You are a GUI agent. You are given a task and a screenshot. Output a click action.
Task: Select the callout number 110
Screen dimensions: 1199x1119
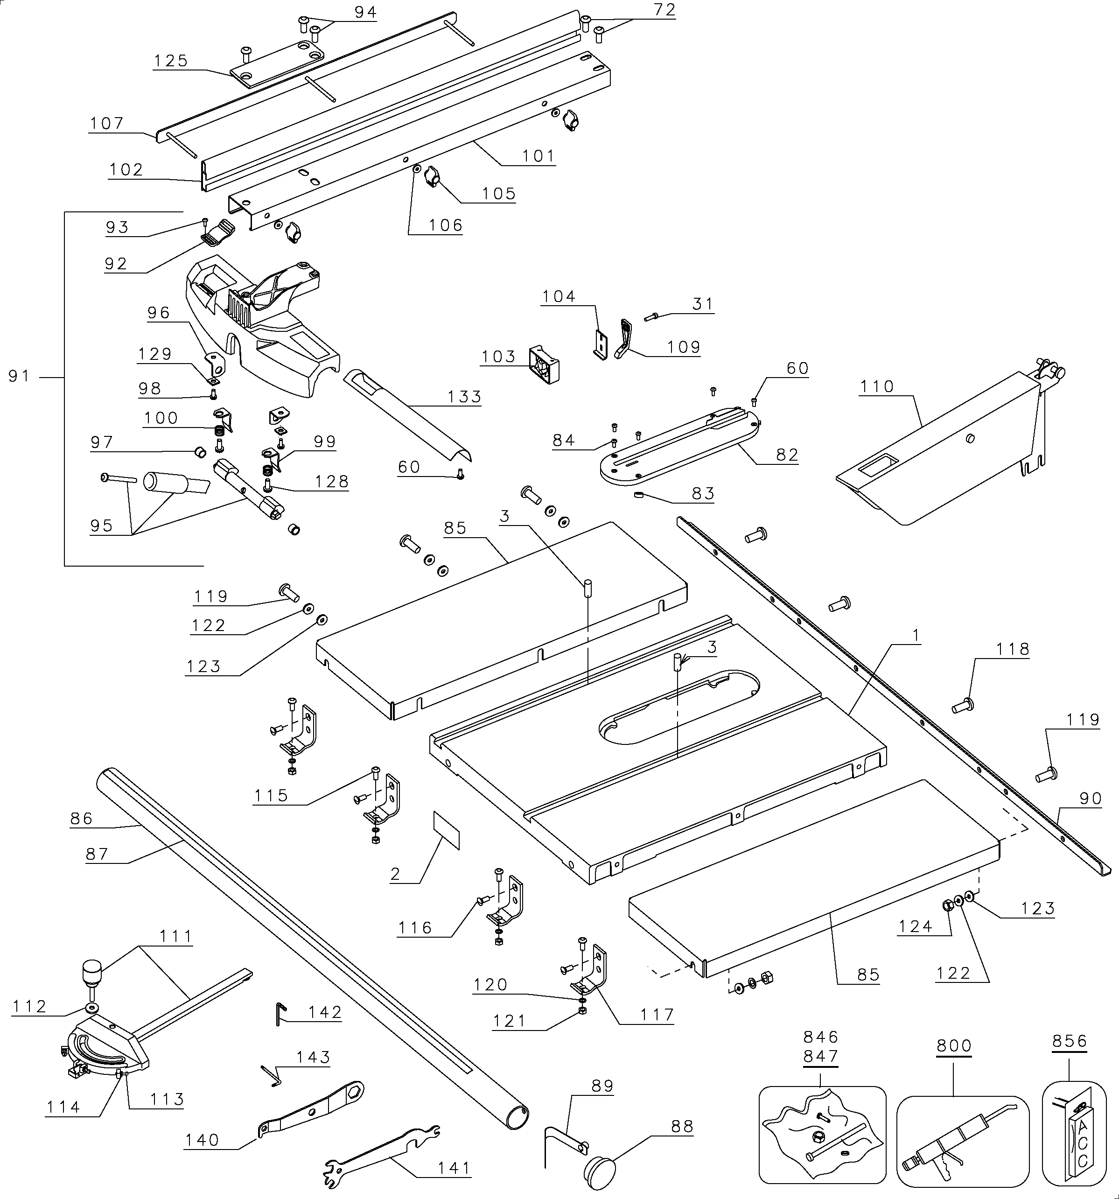(x=877, y=386)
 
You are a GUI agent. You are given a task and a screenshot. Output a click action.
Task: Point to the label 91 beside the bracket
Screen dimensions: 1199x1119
(x=19, y=376)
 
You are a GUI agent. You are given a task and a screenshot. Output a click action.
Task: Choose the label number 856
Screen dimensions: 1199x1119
(x=1070, y=1042)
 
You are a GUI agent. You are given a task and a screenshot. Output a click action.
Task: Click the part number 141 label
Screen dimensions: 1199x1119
(x=454, y=1168)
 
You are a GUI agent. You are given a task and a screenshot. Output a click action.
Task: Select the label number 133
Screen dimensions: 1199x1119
(x=464, y=397)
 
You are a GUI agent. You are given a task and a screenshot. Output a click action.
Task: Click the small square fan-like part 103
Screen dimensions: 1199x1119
(x=545, y=365)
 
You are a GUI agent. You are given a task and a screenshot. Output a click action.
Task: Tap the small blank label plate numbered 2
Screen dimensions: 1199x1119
(x=446, y=830)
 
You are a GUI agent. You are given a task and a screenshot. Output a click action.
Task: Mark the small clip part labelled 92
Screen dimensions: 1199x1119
(x=217, y=233)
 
